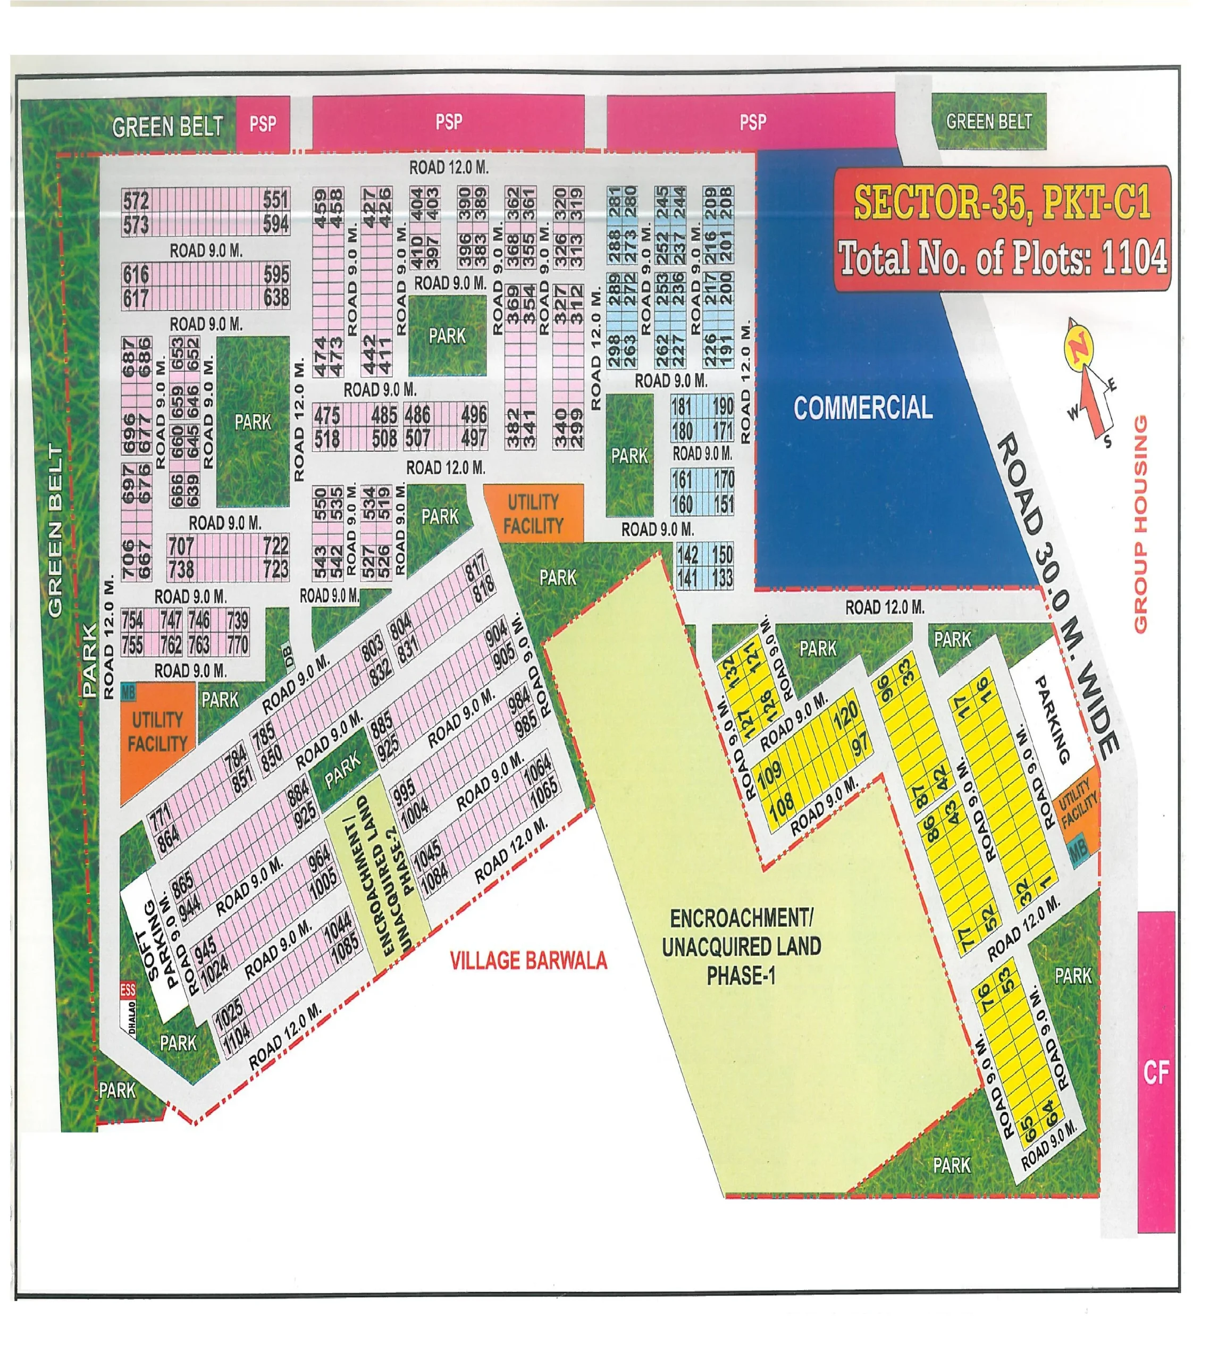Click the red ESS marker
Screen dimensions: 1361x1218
127,989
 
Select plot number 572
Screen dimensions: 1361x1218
136,199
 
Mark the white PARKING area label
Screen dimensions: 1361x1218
1052,719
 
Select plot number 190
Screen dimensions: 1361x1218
722,406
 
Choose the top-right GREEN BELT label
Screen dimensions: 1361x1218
988,121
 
